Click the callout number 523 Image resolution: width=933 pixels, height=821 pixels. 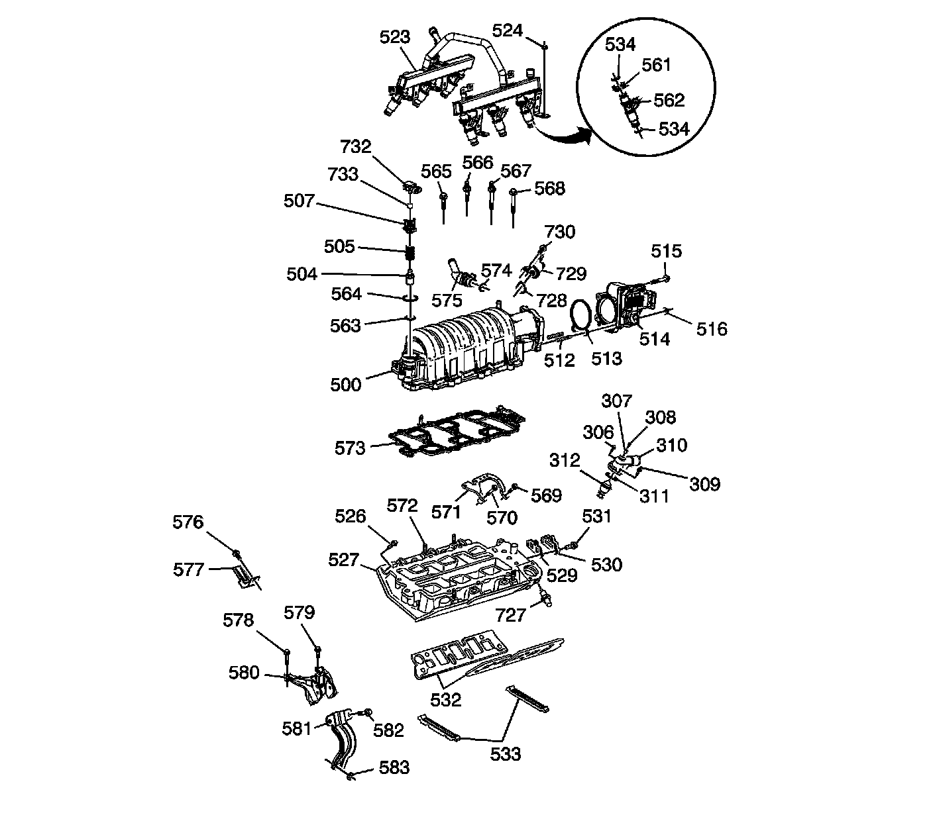(x=395, y=37)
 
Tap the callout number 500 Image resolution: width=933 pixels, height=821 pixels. (x=346, y=385)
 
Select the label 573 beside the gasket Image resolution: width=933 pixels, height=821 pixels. (x=350, y=448)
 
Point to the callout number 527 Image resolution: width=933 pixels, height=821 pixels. (x=344, y=560)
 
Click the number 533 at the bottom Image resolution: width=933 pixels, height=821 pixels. (x=506, y=753)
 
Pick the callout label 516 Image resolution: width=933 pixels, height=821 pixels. (x=712, y=328)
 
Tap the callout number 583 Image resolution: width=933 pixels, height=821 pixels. (x=394, y=767)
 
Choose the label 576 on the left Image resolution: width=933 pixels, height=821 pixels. (x=188, y=522)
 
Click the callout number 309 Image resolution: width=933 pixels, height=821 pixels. (x=704, y=484)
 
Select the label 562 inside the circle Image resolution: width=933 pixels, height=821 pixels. (x=669, y=100)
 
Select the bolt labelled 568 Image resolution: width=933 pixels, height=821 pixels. (x=514, y=198)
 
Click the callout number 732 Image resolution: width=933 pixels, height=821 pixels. (x=356, y=146)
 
